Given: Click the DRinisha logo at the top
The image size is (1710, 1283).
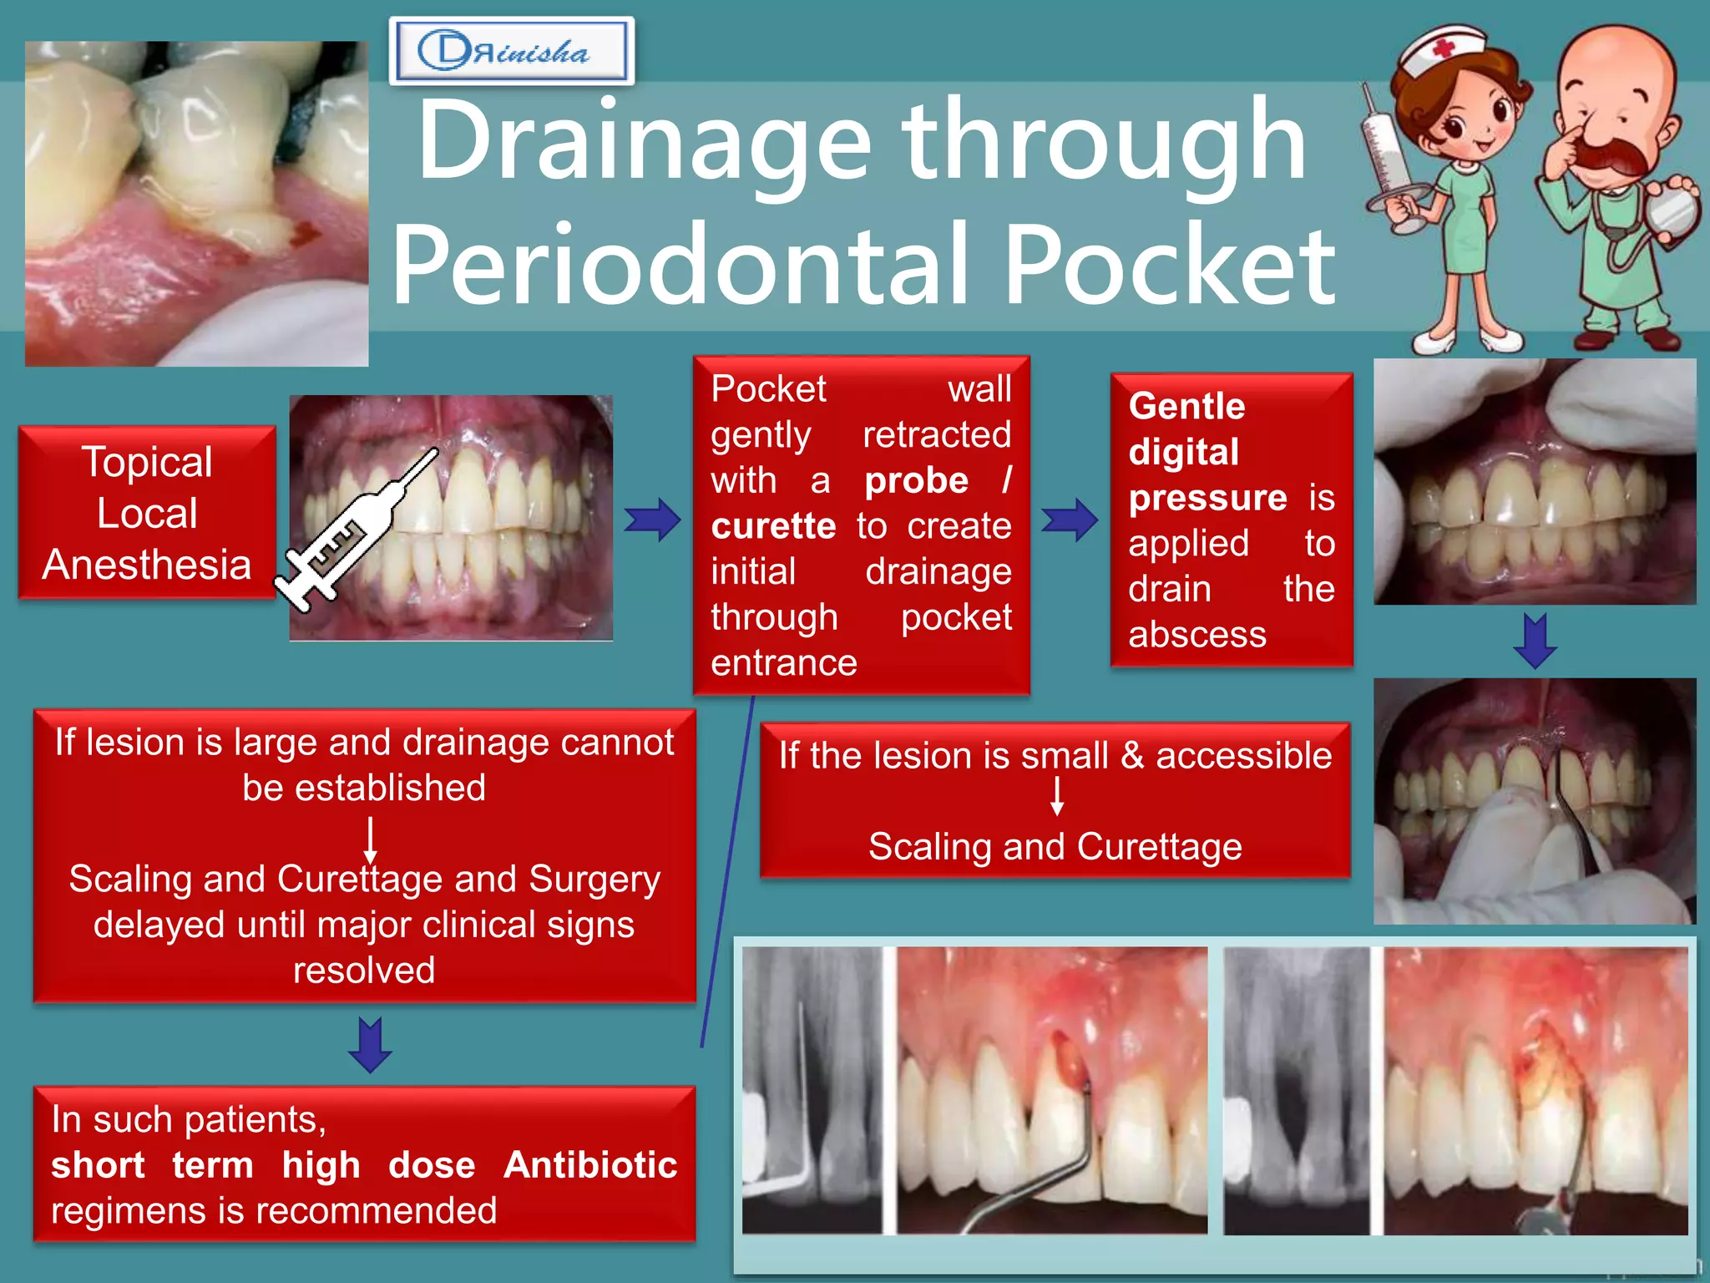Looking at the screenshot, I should tap(511, 51).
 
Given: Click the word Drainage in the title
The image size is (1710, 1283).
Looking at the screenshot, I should tap(643, 142).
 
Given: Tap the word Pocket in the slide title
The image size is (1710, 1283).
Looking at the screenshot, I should tap(1169, 266).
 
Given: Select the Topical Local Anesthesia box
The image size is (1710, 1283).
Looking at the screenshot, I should tap(147, 512).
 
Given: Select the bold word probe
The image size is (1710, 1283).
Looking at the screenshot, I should tap(916, 480).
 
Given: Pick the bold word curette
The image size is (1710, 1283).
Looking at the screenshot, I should tap(773, 526).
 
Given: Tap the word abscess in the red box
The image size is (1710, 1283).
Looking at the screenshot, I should tap(1196, 635).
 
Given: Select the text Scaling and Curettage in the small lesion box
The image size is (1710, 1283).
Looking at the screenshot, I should tap(1055, 847).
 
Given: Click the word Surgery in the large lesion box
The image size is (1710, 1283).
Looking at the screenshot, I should tap(594, 880).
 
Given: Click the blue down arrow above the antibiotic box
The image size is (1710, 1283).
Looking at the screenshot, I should tap(370, 1044).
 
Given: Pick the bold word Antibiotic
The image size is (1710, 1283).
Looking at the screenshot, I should tap(590, 1165).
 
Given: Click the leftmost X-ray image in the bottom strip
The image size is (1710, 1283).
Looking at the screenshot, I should tap(812, 1090).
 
